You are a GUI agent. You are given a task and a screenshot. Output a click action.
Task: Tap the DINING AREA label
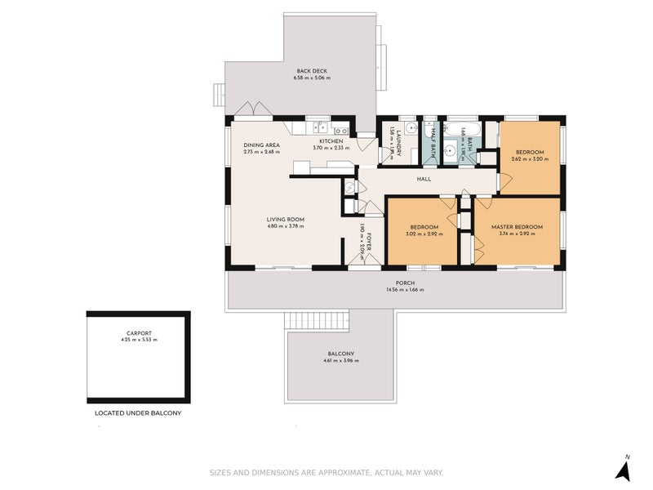point(261,145)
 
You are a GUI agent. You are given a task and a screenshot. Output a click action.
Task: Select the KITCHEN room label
point(331,141)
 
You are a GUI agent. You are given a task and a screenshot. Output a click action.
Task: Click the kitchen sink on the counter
point(322,127)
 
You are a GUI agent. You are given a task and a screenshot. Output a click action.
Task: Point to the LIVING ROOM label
point(285,219)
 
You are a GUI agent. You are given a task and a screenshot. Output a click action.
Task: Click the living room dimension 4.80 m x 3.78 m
point(285,226)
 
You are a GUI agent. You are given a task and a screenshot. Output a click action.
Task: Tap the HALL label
point(424,179)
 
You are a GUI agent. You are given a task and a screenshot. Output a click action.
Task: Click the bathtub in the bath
point(455,130)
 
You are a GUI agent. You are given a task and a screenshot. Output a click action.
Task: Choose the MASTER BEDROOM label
point(517,226)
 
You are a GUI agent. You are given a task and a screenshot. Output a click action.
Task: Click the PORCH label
point(394,283)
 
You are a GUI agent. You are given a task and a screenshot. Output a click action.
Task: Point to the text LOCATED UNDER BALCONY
point(137,413)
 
